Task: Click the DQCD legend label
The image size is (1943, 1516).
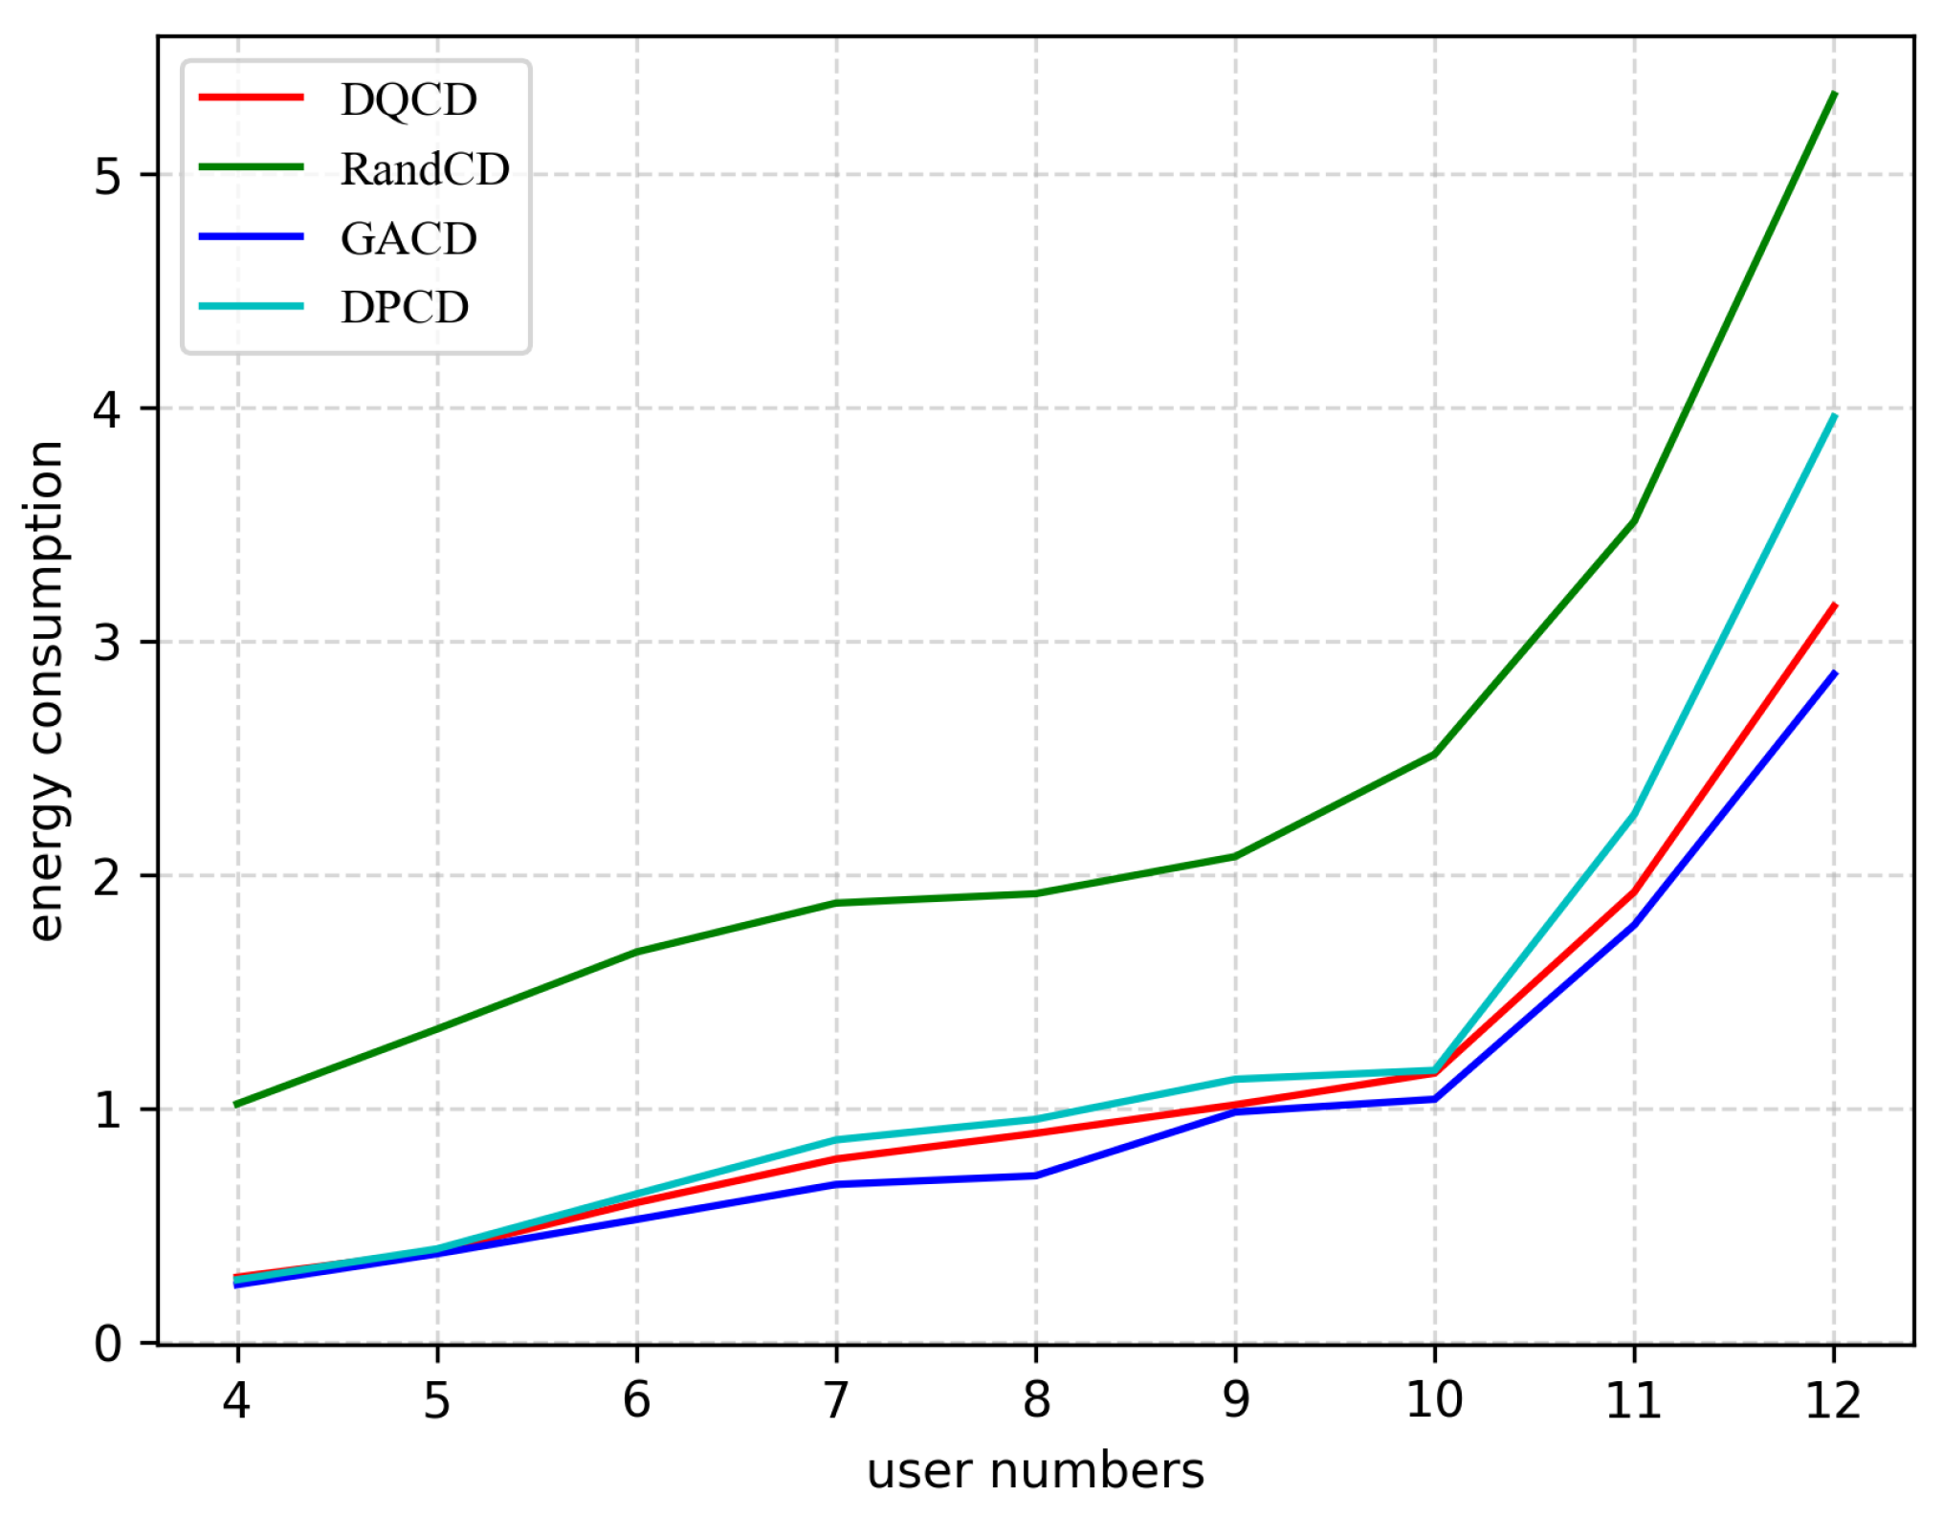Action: [408, 99]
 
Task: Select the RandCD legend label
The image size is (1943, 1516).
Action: [425, 169]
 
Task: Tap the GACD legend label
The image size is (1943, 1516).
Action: [408, 239]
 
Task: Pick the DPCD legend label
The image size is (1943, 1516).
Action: [405, 308]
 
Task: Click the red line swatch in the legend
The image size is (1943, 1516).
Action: [251, 98]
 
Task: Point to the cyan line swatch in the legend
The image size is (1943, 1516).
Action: [251, 307]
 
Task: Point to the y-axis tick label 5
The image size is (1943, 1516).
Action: [107, 176]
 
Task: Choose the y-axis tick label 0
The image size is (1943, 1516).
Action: [107, 1344]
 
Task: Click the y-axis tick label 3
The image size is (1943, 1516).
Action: [107, 643]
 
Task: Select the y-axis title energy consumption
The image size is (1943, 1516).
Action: [45, 691]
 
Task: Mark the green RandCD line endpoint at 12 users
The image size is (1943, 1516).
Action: [1834, 94]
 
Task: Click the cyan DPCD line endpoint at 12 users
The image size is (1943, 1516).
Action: [1834, 416]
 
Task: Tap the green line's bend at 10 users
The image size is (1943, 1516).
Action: [1434, 755]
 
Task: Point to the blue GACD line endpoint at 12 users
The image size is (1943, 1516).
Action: [1834, 673]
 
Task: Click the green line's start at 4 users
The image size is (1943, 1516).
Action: [237, 1105]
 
